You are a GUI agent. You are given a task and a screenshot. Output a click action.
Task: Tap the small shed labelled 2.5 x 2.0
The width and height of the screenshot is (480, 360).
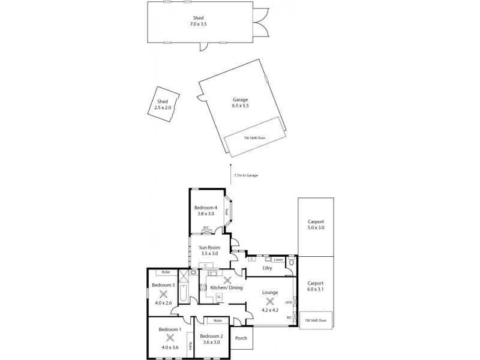click(x=163, y=104)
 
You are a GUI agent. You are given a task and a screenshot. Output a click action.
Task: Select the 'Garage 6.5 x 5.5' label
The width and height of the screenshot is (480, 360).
click(x=240, y=103)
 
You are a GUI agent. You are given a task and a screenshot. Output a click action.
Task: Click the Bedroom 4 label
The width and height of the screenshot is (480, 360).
click(x=205, y=210)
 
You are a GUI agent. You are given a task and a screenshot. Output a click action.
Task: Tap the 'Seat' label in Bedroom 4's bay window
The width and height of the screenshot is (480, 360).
click(x=226, y=211)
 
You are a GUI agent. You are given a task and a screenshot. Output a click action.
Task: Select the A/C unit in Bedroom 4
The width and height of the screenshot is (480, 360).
click(x=206, y=227)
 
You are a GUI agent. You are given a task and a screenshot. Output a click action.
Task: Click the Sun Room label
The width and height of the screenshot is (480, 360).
click(x=209, y=250)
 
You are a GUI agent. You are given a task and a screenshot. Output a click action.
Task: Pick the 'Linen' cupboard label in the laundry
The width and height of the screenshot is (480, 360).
click(x=278, y=260)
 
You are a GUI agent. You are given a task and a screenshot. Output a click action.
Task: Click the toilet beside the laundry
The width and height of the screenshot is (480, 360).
click(x=292, y=261)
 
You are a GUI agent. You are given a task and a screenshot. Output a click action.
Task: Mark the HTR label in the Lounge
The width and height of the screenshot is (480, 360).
click(x=289, y=302)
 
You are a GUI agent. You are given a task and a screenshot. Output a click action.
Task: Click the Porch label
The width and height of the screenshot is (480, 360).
click(x=241, y=338)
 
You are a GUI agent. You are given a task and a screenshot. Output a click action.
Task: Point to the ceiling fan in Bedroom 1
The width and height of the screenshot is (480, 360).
click(x=170, y=337)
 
